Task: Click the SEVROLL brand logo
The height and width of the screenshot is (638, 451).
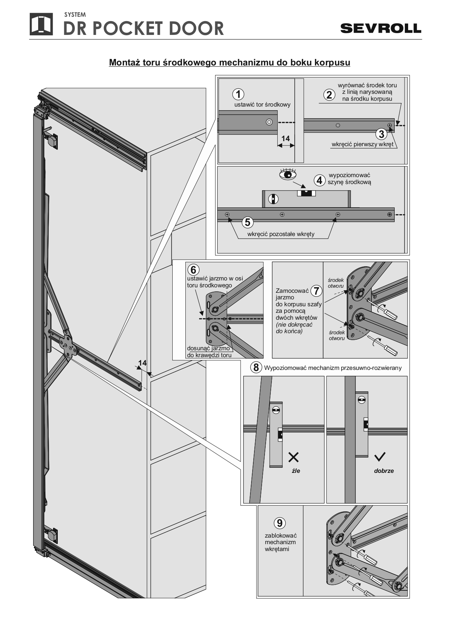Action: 380,28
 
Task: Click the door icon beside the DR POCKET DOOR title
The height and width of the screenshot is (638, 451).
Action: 41,24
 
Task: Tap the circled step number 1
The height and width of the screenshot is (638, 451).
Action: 238,95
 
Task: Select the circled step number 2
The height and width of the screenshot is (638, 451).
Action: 329,95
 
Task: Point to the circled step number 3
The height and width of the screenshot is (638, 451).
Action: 381,134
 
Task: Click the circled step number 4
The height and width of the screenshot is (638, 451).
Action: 319,180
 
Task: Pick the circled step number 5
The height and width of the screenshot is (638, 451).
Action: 247,222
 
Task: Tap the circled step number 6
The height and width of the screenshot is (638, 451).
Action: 193,270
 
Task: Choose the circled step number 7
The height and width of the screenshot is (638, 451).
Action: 317,291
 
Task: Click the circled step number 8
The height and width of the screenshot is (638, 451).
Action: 256,367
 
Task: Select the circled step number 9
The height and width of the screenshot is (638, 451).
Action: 279,523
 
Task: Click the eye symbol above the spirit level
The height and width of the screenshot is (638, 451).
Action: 287,174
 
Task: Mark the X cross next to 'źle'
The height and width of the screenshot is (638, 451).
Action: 294,457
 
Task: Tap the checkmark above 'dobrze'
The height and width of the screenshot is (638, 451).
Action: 380,457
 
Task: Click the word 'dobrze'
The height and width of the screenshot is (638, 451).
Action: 384,471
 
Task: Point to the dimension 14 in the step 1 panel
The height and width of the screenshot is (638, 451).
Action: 286,139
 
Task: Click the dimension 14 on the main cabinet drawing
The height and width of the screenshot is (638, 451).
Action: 142,363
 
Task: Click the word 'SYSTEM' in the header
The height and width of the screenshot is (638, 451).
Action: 75,15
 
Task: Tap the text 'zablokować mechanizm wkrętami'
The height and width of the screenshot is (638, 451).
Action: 281,542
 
